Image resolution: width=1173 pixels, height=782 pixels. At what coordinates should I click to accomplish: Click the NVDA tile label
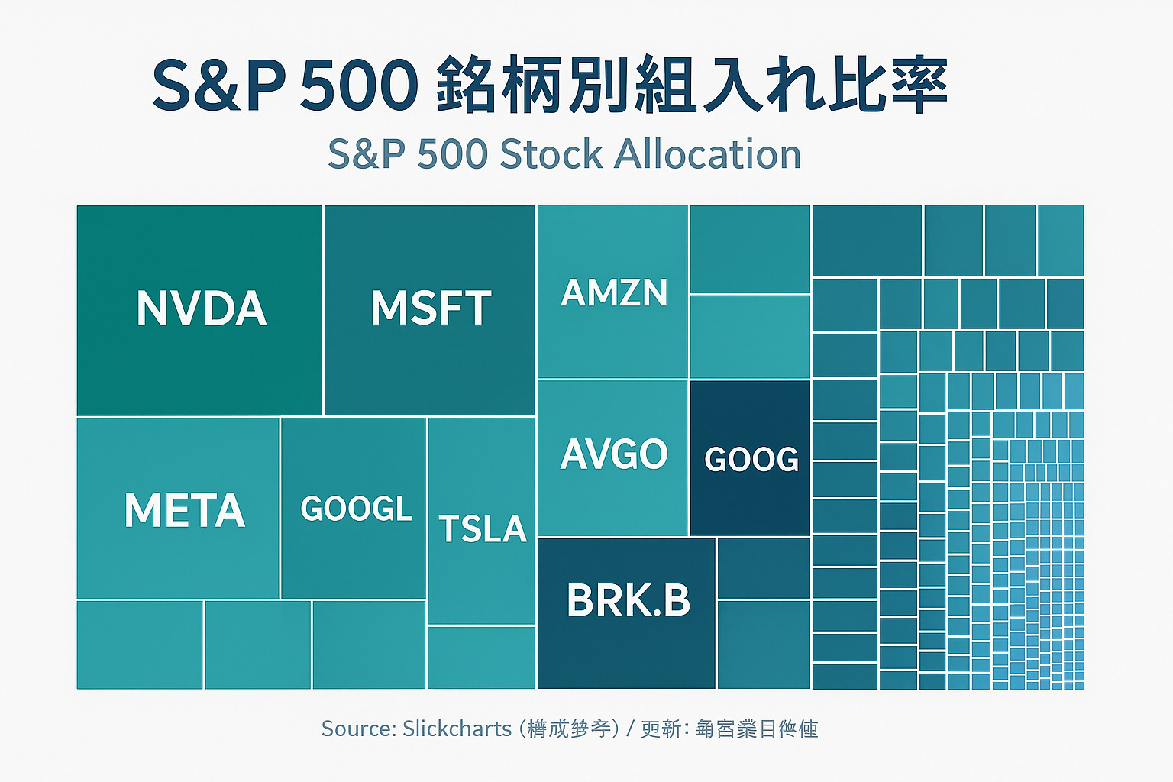tap(202, 309)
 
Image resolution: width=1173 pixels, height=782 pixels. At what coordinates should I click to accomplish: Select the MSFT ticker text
tap(431, 309)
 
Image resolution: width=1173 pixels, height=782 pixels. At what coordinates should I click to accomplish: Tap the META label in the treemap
tap(185, 510)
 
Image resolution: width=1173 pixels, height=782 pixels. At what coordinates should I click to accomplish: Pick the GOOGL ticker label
tap(356, 509)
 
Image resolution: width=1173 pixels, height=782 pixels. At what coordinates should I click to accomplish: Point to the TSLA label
tap(483, 528)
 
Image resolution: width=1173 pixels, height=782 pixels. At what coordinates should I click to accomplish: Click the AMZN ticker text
tap(614, 293)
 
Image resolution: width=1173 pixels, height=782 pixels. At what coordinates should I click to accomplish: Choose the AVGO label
tap(614, 454)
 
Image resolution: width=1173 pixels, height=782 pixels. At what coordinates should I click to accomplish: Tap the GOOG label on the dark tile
tap(751, 459)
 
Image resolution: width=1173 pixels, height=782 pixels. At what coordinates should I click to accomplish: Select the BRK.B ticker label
tap(628, 600)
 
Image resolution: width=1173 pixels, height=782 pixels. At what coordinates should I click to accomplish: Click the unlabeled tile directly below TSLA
tap(482, 658)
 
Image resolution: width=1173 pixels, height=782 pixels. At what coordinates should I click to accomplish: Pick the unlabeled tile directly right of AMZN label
tap(750, 249)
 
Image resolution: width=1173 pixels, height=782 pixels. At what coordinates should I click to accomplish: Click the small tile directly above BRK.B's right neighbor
tap(764, 567)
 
